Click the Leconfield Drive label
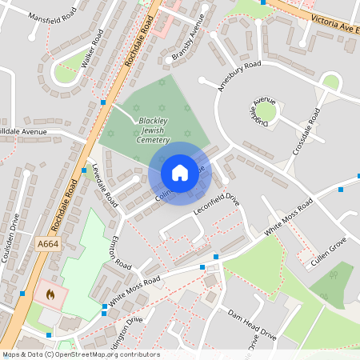click(216, 204)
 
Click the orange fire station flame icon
click(50, 294)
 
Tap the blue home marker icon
click(179, 173)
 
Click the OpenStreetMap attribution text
click(81, 354)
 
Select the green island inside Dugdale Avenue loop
click(265, 112)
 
